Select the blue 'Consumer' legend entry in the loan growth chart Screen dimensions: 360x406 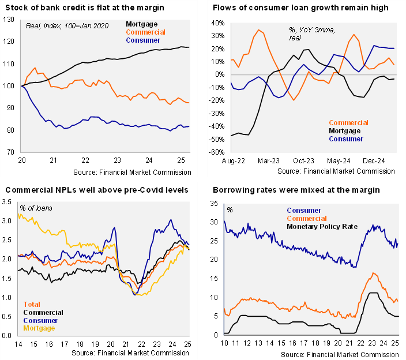(346, 138)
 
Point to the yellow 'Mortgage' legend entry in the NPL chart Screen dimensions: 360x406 (39, 328)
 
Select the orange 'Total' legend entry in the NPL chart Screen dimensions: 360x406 (32, 304)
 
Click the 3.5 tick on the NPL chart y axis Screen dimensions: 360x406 (8, 202)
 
